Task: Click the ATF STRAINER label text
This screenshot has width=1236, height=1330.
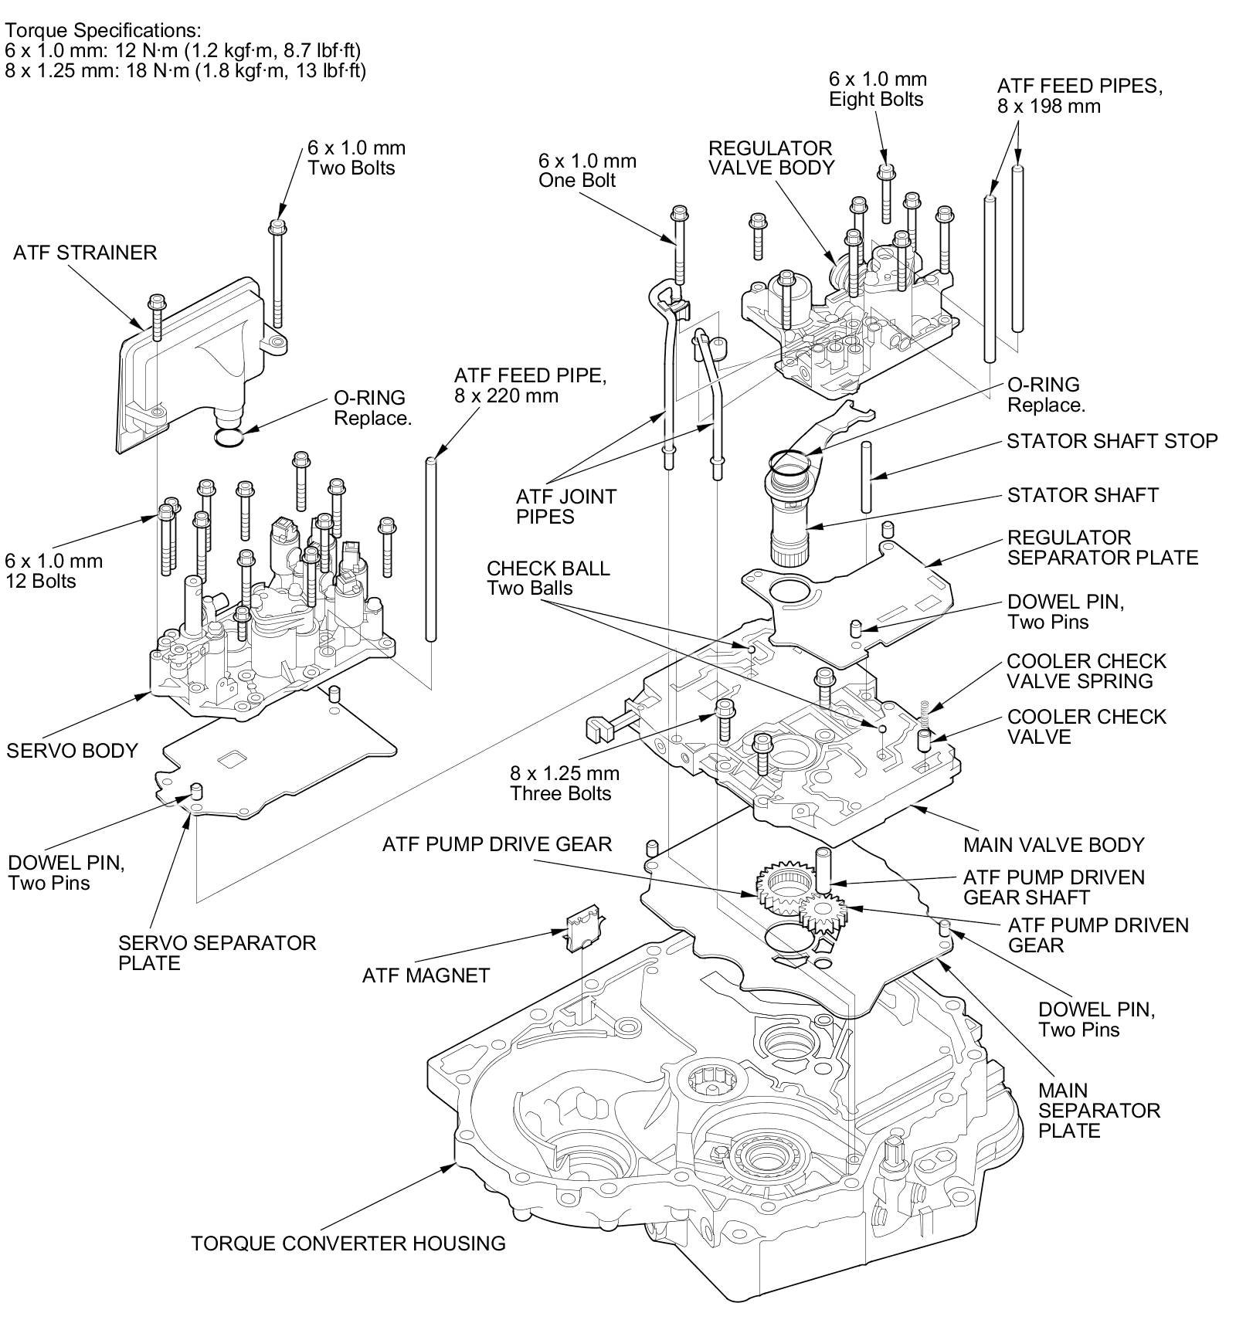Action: click(85, 253)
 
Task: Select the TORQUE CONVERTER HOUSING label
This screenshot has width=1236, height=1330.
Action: click(348, 1243)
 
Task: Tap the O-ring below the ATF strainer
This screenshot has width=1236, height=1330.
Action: click(229, 438)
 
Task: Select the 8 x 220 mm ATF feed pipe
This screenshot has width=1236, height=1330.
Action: click(431, 548)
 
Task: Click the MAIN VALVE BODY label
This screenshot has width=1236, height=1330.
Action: click(1054, 844)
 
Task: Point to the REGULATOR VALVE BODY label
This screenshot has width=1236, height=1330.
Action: click(771, 158)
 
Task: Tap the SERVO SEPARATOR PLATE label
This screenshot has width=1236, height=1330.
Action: click(217, 952)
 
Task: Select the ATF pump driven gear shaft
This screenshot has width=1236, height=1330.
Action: click(820, 867)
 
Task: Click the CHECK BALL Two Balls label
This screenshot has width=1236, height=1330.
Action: click(548, 578)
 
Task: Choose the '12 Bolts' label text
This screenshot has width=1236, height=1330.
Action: click(40, 581)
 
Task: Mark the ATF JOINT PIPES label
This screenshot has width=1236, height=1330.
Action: click(566, 506)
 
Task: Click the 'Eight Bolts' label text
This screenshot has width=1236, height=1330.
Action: click(876, 99)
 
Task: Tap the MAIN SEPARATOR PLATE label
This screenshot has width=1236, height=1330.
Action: click(1098, 1111)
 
